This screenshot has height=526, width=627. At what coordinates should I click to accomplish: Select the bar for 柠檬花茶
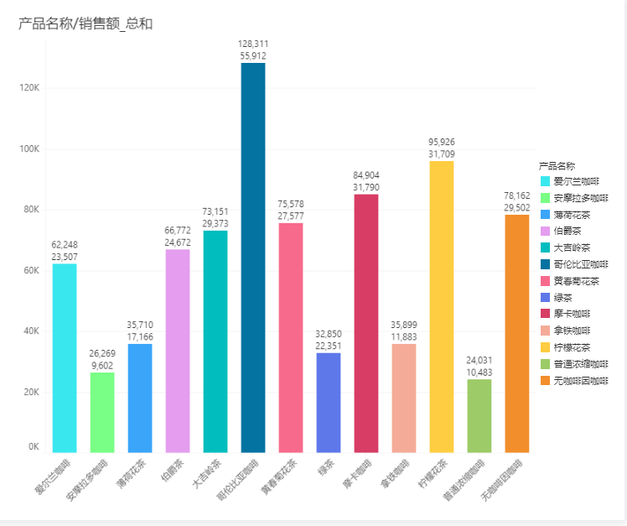point(441,306)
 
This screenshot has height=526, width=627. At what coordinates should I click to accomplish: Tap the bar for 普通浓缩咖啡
point(479,415)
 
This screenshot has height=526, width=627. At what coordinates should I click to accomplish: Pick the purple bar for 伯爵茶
point(178,351)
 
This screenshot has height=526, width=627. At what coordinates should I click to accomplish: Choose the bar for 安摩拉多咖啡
point(102,412)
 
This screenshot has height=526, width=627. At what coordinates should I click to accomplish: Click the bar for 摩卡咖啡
point(365,323)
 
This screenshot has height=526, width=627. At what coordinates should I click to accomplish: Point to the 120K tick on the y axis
point(30,88)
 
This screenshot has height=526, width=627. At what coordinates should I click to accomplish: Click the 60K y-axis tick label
point(30,270)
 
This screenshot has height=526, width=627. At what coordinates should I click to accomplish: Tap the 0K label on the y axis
point(33,447)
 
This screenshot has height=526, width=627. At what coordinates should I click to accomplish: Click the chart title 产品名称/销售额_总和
point(85,23)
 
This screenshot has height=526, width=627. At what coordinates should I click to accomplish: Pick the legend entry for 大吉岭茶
point(572,247)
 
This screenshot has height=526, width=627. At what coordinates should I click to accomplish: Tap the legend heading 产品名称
point(557,166)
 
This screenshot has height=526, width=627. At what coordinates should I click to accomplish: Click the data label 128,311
point(253,44)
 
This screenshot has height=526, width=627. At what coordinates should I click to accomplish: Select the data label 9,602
point(102,366)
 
